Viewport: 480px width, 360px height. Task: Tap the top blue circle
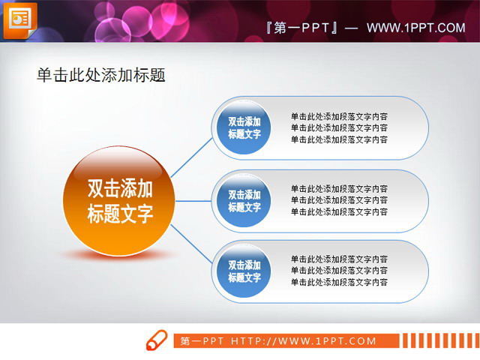pyautogui.click(x=244, y=127)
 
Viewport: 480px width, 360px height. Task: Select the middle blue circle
pyautogui.click(x=244, y=200)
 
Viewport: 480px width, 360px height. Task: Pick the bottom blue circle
pyautogui.click(x=244, y=271)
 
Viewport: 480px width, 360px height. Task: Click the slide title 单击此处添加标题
pyautogui.click(x=100, y=75)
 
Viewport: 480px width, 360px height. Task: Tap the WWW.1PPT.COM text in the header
pyautogui.click(x=415, y=28)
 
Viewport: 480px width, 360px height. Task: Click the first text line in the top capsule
pyautogui.click(x=339, y=116)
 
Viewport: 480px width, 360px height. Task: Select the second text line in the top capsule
pyautogui.click(x=339, y=127)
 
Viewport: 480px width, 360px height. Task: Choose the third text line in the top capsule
pyautogui.click(x=339, y=139)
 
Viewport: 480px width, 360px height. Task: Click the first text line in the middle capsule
pyautogui.click(x=339, y=189)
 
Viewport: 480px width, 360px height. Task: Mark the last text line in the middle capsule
pyautogui.click(x=339, y=212)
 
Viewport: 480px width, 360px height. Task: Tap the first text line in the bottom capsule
pyautogui.click(x=339, y=259)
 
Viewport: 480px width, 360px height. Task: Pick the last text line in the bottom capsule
pyautogui.click(x=339, y=282)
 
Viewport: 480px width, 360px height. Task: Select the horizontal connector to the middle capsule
pyautogui.click(x=193, y=201)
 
